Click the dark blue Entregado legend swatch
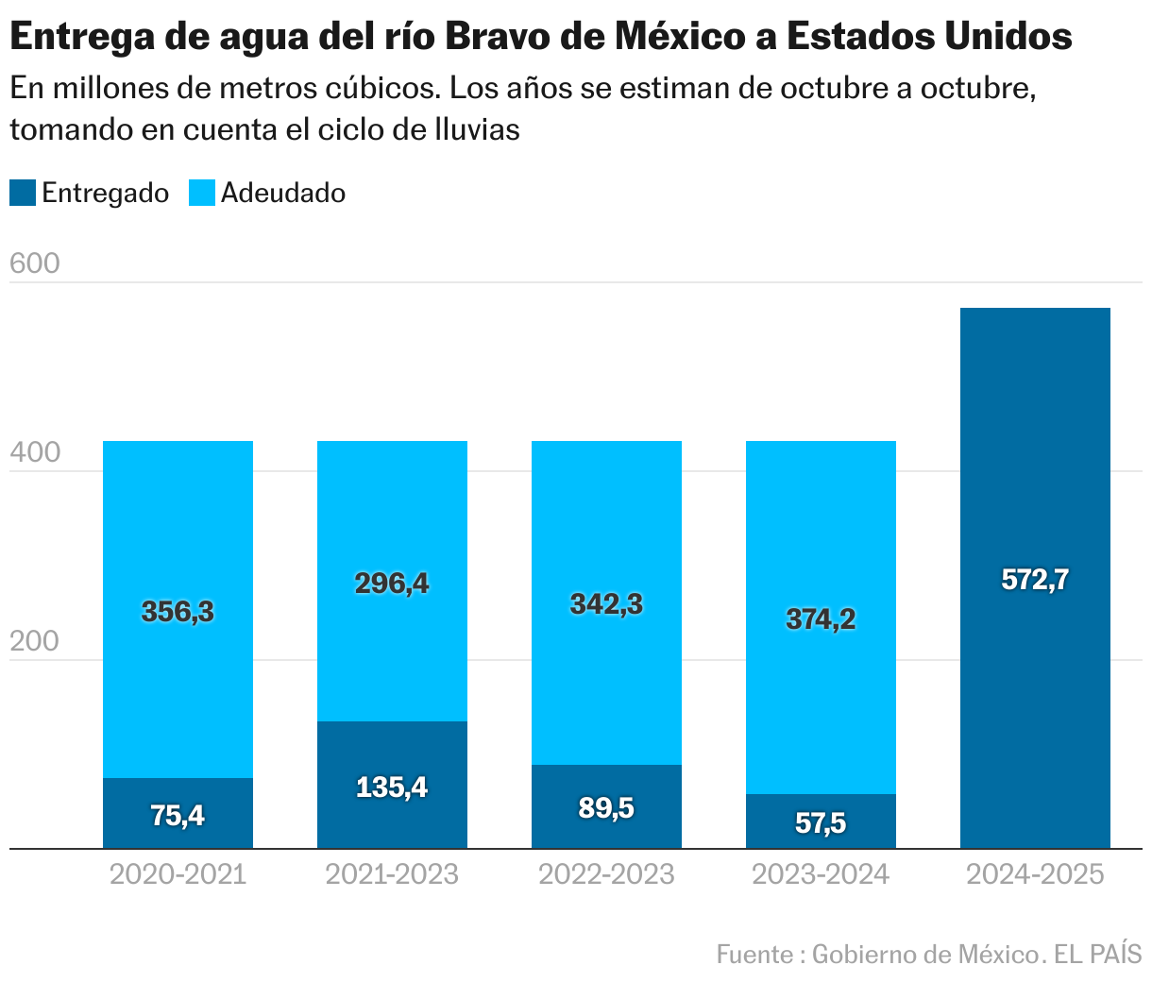(x=23, y=194)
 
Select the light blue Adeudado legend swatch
(x=202, y=194)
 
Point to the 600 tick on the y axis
(x=34, y=263)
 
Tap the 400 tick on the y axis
(x=34, y=452)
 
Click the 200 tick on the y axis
(x=34, y=641)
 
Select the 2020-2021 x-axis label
(x=178, y=874)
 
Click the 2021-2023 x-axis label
(x=392, y=874)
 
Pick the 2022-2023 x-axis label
(x=606, y=874)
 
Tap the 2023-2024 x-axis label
(x=821, y=874)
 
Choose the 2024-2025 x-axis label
(x=1035, y=874)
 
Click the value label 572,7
(x=1035, y=580)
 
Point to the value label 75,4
(x=178, y=815)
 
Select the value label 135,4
(x=392, y=787)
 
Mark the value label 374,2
(x=821, y=619)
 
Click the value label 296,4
(x=392, y=584)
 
